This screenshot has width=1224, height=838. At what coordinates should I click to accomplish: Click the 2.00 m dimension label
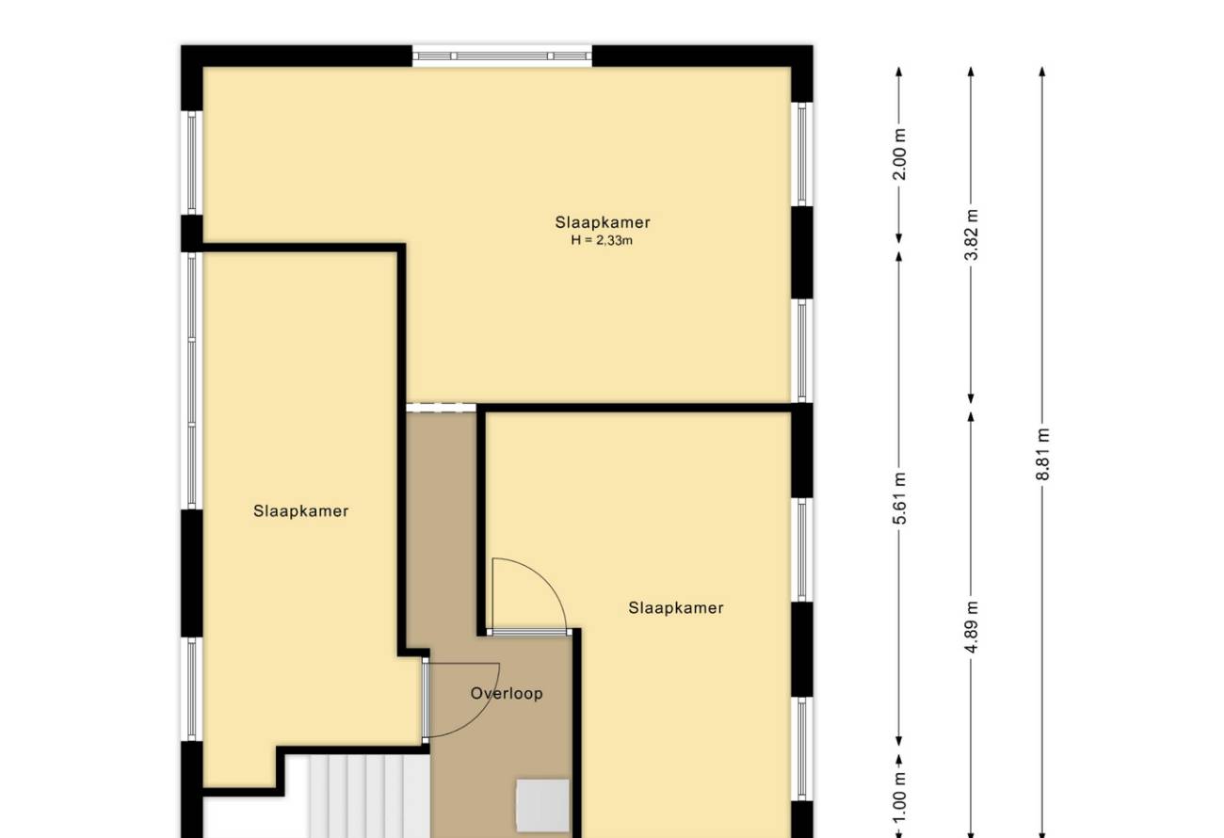tap(900, 154)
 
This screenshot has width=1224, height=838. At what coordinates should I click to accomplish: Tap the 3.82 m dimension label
tap(972, 234)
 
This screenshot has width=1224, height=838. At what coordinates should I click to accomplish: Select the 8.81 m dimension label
tap(1043, 455)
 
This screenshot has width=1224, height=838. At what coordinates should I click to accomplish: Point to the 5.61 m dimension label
tap(900, 498)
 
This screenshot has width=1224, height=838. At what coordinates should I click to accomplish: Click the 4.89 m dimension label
tap(972, 627)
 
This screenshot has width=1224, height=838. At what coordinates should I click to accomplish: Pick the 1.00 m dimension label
tap(900, 798)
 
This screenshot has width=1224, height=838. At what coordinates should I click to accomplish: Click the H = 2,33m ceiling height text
tap(602, 240)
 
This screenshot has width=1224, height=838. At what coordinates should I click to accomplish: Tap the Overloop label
tap(507, 693)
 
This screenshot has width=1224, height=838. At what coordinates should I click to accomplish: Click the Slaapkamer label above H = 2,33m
tap(603, 222)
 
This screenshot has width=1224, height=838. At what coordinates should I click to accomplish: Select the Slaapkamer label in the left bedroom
tap(300, 510)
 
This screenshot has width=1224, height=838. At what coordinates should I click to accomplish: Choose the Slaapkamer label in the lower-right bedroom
tap(676, 607)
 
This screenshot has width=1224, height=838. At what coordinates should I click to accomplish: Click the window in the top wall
tap(502, 56)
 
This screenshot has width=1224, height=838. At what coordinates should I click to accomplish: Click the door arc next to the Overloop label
tap(481, 716)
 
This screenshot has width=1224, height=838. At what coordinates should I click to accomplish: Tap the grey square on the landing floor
tap(542, 805)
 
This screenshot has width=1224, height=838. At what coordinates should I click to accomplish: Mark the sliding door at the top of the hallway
tap(441, 408)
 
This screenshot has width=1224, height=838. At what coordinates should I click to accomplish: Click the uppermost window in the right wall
tap(801, 154)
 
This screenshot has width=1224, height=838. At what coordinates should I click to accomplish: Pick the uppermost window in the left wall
tap(192, 162)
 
